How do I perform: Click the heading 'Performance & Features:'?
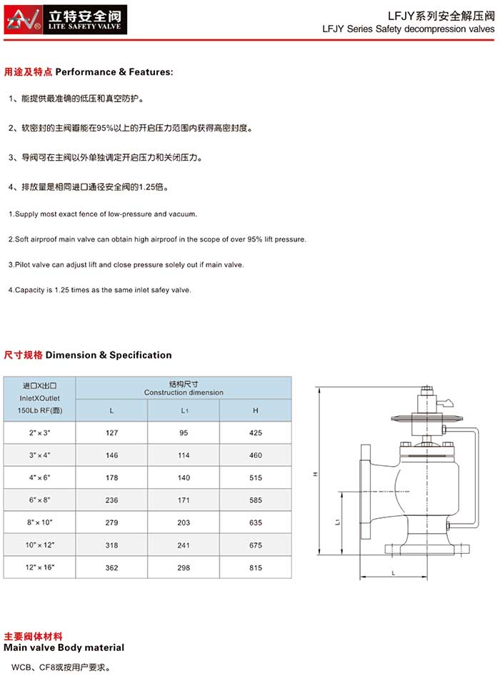coord(114,72)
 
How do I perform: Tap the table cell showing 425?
coord(256,432)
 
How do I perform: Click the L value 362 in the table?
coord(111,567)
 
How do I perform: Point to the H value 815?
coord(256,567)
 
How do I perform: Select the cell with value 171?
coord(184,500)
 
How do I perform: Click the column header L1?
coord(184,411)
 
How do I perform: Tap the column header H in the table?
coord(256,411)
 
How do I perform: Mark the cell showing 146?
coord(111,455)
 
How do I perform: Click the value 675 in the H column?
coord(256,545)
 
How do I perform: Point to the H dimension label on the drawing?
coord(315,474)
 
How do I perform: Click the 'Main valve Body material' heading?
coord(64,647)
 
